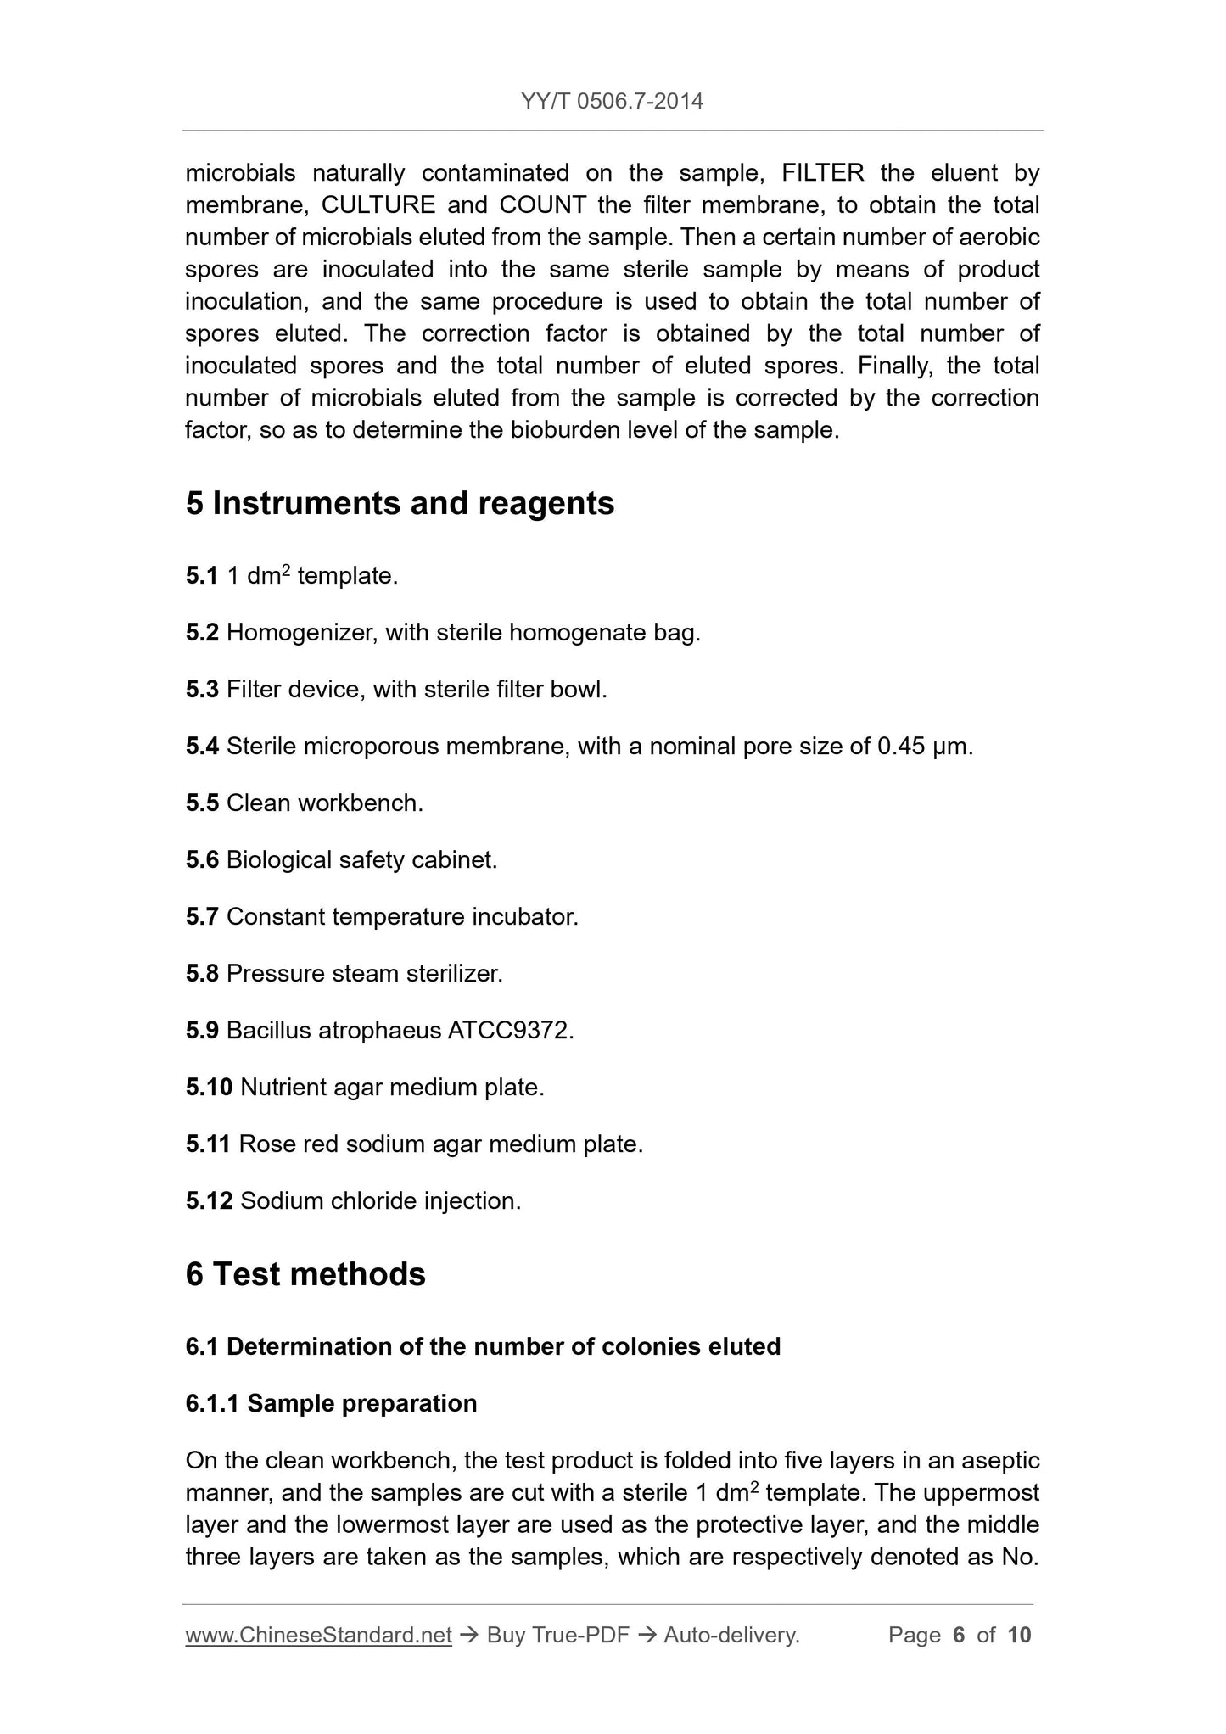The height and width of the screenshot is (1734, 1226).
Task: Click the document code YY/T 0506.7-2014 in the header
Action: (612, 102)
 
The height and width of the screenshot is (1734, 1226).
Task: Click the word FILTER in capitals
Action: (822, 173)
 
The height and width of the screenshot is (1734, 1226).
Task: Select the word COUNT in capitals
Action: (543, 205)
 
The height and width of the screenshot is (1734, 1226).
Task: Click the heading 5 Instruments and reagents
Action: (400, 504)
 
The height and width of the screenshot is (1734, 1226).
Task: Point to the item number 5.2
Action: (202, 633)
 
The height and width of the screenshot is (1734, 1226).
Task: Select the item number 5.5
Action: (202, 803)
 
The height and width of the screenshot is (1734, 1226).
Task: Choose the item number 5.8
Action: (202, 974)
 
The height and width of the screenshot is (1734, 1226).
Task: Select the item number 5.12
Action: (209, 1201)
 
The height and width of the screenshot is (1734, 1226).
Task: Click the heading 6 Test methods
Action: (305, 1274)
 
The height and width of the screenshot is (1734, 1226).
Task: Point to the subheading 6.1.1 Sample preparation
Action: (331, 1404)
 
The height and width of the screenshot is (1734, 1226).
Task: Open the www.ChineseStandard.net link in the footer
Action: (318, 1635)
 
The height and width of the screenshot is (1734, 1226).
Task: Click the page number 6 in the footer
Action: (959, 1635)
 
